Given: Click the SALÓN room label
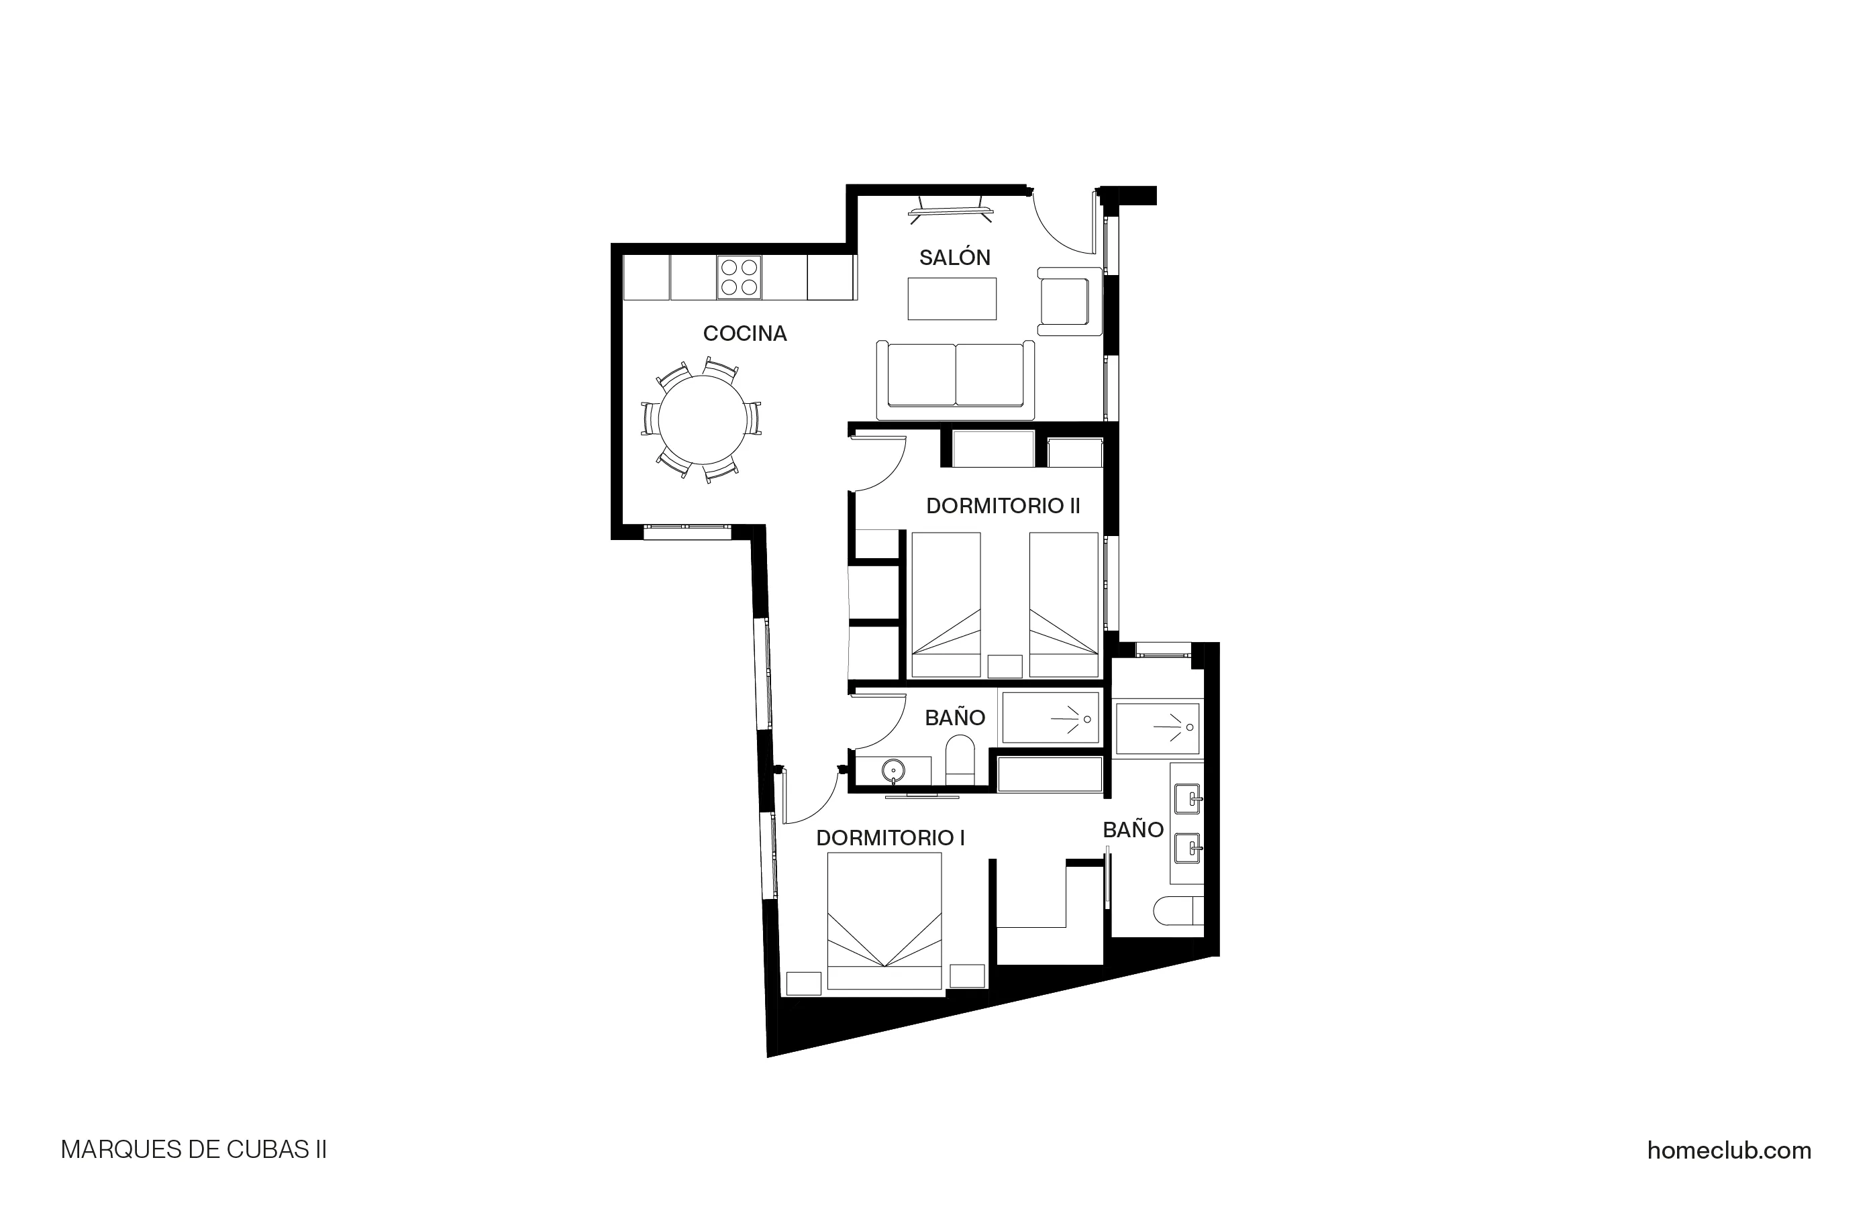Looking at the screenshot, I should click(954, 258).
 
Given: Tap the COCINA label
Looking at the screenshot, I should click(744, 334).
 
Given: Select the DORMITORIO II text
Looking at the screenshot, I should click(1002, 507).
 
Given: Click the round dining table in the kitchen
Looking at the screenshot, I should click(703, 420).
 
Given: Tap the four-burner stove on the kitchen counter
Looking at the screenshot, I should click(739, 277).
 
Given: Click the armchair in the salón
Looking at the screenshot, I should click(1068, 302).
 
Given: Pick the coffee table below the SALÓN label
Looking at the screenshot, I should click(952, 299).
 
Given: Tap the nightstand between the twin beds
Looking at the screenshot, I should click(1005, 666).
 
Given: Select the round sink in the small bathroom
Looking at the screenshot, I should click(893, 769).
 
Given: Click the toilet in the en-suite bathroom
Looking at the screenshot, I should click(1177, 912).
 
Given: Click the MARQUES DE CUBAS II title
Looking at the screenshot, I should click(194, 1150).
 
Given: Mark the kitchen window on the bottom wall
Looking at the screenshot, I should click(687, 532).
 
